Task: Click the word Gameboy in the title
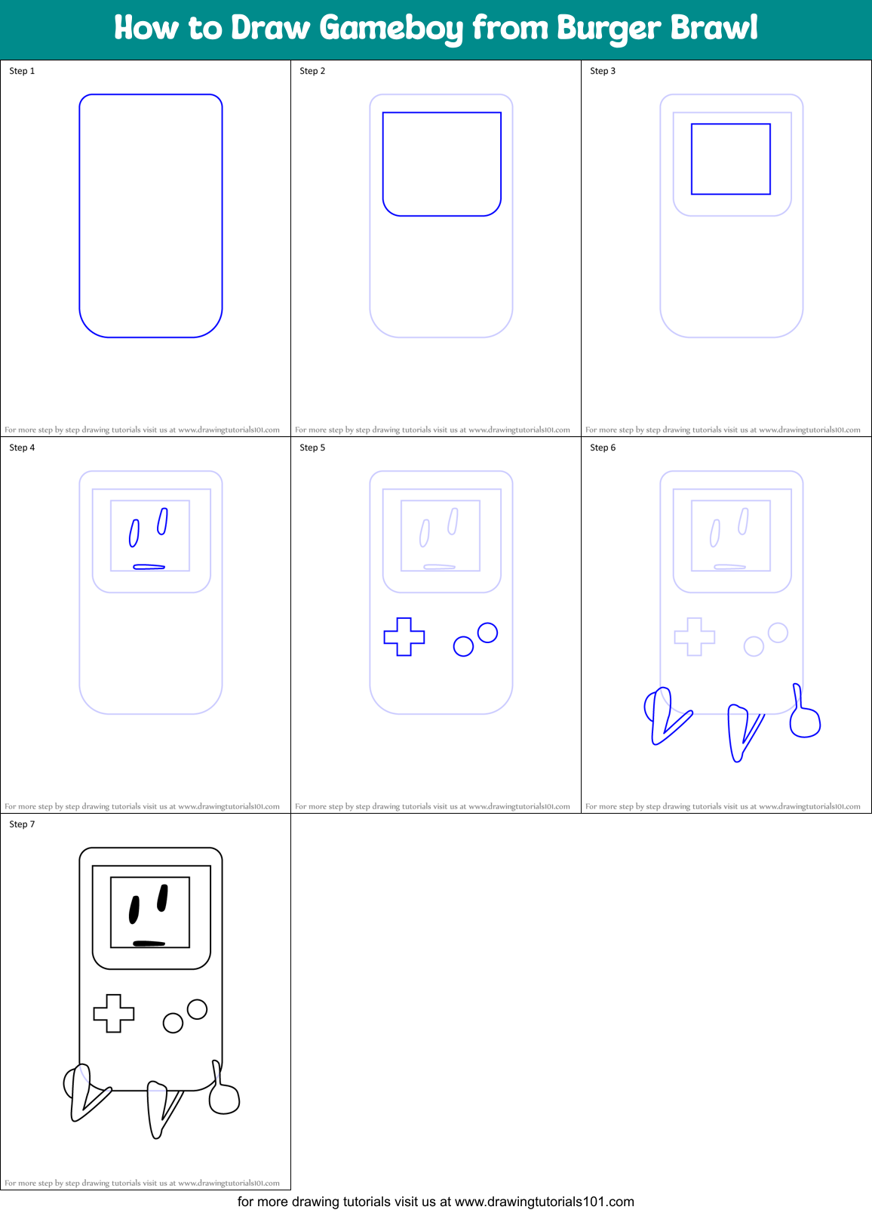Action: (391, 29)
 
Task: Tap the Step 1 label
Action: (22, 71)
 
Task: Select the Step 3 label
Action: (602, 71)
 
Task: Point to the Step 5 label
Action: (312, 448)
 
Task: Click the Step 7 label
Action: (22, 824)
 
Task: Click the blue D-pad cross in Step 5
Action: (404, 636)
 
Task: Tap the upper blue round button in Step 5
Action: (487, 633)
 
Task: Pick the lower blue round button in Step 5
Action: (463, 646)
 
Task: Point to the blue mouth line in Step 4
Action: (149, 566)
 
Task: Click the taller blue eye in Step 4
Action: (162, 521)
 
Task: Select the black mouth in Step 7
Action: (149, 943)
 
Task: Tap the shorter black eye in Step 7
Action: (134, 910)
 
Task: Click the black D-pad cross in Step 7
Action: (114, 1013)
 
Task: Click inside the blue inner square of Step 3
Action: (730, 159)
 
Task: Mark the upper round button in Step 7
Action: (197, 1009)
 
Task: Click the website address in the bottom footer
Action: (544, 1202)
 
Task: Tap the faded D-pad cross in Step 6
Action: (695, 636)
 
